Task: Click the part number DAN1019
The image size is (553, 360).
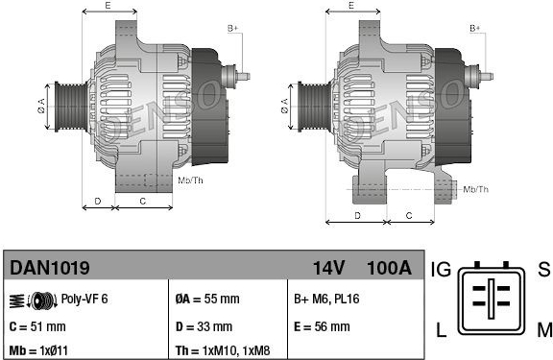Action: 50,268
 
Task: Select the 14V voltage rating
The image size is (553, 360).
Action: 328,268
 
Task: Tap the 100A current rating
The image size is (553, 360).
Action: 390,268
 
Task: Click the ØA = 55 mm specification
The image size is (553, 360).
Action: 207,299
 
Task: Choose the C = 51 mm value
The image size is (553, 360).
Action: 37,326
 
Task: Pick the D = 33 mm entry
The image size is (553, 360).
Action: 204,326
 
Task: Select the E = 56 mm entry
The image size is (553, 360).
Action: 322,326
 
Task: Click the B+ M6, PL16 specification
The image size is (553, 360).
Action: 326,299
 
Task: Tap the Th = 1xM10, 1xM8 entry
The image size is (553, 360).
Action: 223,350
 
